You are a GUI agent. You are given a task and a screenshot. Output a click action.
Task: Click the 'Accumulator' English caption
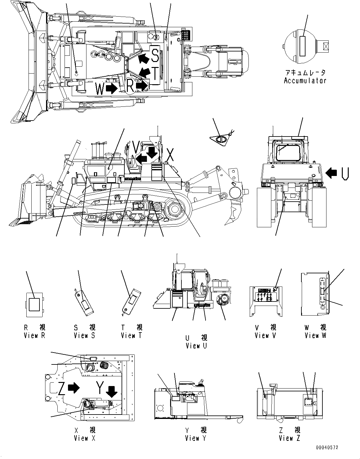pyautogui.click(x=305, y=81)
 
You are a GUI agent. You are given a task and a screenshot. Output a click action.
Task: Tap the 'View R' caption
pyautogui.click(x=34, y=335)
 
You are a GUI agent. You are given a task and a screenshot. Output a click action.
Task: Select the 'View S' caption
pyautogui.click(x=84, y=335)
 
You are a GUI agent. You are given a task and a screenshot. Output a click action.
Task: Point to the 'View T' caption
pyautogui.click(x=132, y=335)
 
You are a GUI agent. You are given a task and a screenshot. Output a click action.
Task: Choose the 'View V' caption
pyautogui.click(x=266, y=335)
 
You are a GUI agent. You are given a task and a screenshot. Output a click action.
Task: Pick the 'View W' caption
pyautogui.click(x=316, y=335)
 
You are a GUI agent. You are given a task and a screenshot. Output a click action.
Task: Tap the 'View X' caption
pyautogui.click(x=84, y=438)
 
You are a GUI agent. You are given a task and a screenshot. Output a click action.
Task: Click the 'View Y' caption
pyautogui.click(x=196, y=438)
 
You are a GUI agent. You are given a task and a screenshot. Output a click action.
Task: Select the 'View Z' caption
pyautogui.click(x=290, y=438)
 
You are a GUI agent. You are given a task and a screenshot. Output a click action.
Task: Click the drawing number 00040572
pyautogui.click(x=327, y=448)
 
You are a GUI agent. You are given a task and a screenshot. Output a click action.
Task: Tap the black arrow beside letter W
pyautogui.click(x=111, y=89)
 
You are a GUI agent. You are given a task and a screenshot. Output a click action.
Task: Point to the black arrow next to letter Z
pyautogui.click(x=74, y=388)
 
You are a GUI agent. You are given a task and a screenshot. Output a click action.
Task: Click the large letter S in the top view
pyautogui.click(x=155, y=55)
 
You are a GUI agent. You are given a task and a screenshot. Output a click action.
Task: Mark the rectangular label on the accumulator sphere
pyautogui.click(x=302, y=46)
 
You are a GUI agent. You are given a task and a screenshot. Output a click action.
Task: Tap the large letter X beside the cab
pyautogui.click(x=170, y=155)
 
